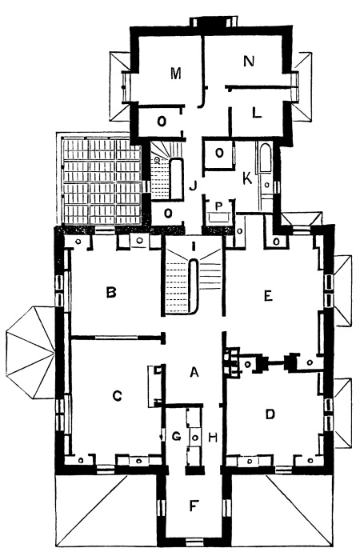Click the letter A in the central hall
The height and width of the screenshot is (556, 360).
tap(194, 372)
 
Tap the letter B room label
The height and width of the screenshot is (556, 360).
tap(111, 292)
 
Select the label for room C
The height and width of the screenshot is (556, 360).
tap(117, 396)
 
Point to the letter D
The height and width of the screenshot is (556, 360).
tap(270, 414)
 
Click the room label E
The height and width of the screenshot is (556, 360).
tap(268, 295)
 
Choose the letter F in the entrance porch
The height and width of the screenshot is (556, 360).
tap(194, 506)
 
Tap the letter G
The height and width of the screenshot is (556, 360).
tap(176, 436)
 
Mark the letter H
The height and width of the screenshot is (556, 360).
tap(213, 438)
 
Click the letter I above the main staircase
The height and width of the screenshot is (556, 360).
tap(194, 246)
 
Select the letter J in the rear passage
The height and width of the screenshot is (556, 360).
tap(193, 186)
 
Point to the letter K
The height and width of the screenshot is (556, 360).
tap(247, 178)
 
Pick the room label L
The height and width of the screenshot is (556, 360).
tap(257, 113)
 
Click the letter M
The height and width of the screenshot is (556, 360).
tap(175, 74)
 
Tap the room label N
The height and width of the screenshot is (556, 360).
tap(249, 61)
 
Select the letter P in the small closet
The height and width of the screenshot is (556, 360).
tap(219, 206)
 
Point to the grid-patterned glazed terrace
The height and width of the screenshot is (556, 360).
tap(102, 182)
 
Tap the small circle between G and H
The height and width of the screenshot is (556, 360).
tap(194, 438)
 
